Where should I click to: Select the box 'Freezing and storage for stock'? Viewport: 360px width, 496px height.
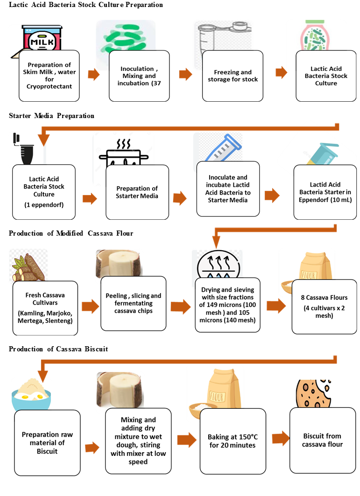pos(233,76)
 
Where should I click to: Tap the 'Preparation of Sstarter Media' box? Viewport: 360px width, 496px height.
pos(137,192)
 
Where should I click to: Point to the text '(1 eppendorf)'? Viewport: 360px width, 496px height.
pos(44,204)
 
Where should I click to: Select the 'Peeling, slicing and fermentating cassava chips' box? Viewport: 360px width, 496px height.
pos(134,303)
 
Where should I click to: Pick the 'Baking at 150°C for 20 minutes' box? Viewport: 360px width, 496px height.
pos(232,441)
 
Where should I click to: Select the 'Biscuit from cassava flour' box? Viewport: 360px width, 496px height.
pos(323,440)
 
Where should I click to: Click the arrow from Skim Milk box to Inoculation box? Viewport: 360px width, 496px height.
pos(94,75)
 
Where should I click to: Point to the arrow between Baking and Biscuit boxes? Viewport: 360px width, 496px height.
pos(280,439)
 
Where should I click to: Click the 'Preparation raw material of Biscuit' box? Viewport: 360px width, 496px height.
pos(47,442)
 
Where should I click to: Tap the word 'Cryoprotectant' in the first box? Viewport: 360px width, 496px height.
pos(49,86)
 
